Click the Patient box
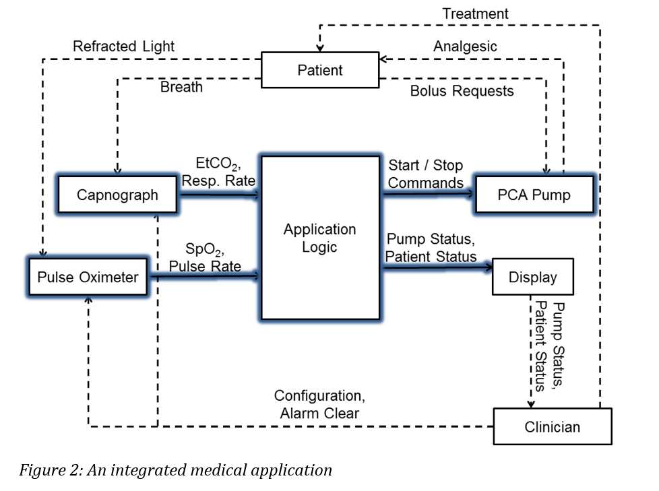320,70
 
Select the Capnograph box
117,195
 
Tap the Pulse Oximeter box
88,277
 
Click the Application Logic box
320,238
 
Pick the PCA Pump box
534,195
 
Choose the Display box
532,277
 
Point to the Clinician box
552,426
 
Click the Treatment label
475,13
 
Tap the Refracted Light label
123,46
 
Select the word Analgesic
465,46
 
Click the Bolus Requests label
462,91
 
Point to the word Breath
181,87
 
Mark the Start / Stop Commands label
425,174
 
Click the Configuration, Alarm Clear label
319,404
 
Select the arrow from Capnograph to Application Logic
219,195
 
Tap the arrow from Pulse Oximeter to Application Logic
204,275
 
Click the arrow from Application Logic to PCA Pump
429,193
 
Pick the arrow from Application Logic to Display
438,267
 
